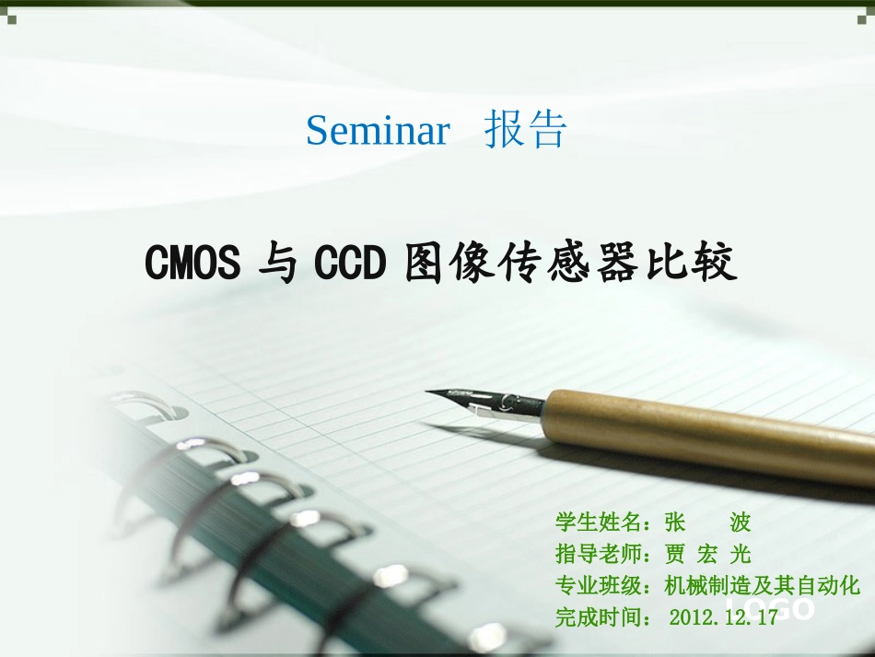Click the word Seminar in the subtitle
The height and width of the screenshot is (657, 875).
378,131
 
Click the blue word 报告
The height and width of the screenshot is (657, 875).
525,131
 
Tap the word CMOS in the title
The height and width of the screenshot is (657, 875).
192,264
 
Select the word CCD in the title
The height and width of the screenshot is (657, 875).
348,264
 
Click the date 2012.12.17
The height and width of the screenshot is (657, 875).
724,617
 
